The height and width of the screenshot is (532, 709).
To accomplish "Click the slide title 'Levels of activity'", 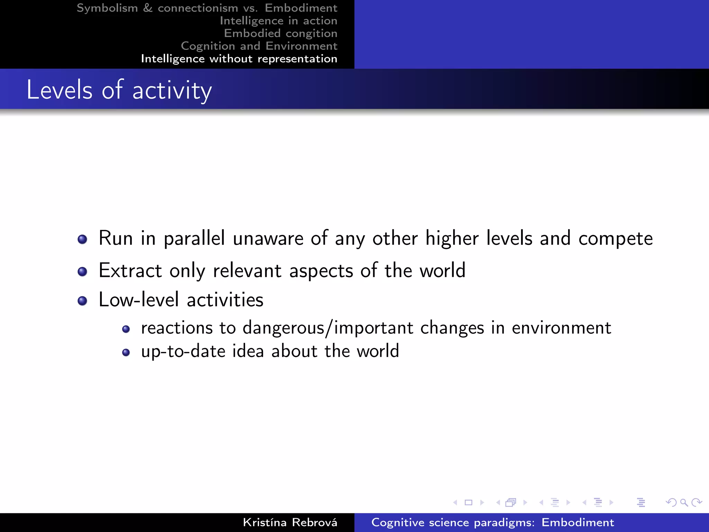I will pyautogui.click(x=119, y=90).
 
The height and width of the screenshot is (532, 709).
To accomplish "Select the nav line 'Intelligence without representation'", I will pyautogui.click(x=239, y=59).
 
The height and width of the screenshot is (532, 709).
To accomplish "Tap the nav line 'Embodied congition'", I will pyautogui.click(x=280, y=33).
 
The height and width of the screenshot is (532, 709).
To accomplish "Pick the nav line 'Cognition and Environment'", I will pyautogui.click(x=259, y=46).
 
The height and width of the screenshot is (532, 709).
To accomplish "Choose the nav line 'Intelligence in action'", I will pyautogui.click(x=278, y=21).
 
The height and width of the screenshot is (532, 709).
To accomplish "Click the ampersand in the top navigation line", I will pyautogui.click(x=148, y=8).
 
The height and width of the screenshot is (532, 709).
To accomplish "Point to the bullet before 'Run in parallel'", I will pyautogui.click(x=82, y=239).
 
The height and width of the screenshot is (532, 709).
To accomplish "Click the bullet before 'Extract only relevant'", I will pyautogui.click(x=82, y=272).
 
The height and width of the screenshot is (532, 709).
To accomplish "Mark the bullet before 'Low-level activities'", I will pyautogui.click(x=82, y=301).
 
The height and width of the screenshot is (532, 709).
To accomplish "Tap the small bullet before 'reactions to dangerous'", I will pyautogui.click(x=126, y=329).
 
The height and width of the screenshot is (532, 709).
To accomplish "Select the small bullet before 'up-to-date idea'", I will pyautogui.click(x=126, y=353).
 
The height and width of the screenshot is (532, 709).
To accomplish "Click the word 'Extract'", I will pyautogui.click(x=130, y=271).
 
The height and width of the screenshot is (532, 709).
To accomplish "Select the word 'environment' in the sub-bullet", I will pyautogui.click(x=561, y=328).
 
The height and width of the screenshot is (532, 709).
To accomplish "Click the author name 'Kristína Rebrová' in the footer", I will pyautogui.click(x=290, y=522).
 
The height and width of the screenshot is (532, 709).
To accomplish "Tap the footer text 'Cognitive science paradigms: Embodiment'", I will pyautogui.click(x=492, y=522).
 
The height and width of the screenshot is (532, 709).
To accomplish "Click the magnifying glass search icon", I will pyautogui.click(x=684, y=502).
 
